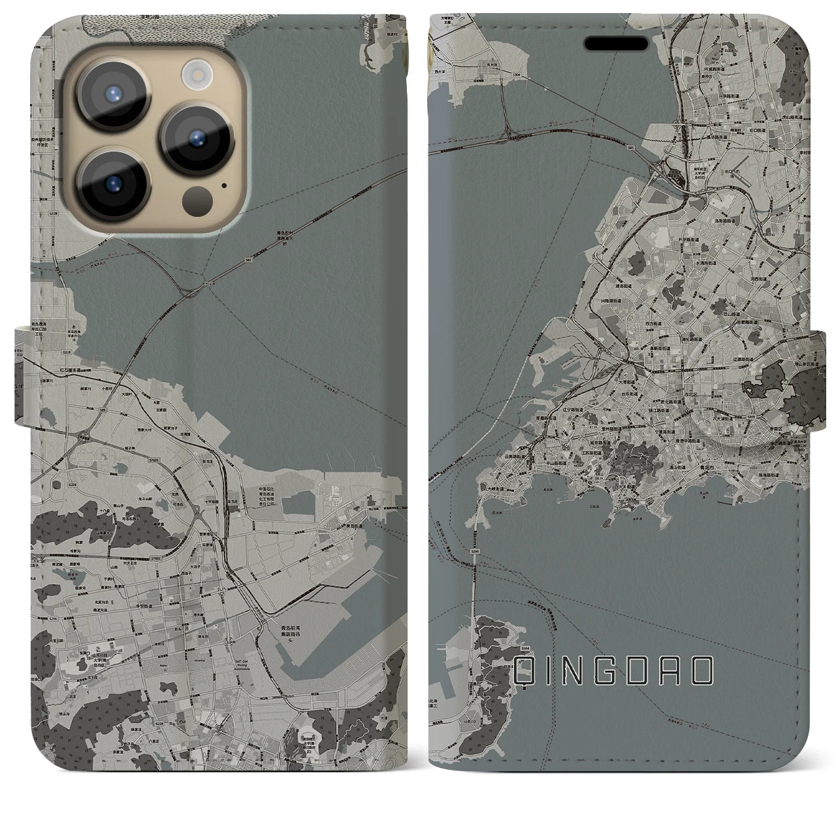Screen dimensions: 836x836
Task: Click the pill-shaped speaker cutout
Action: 620,43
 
